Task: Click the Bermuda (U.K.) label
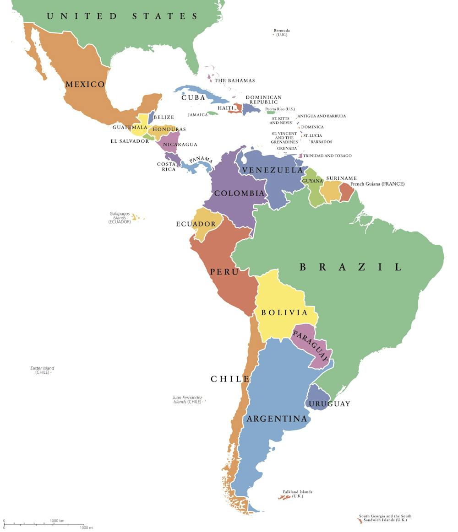(282, 33)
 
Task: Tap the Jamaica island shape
(212, 113)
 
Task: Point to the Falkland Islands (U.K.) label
(297, 494)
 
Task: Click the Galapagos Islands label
(120, 217)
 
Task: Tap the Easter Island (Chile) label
(42, 370)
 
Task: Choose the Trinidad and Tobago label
(327, 156)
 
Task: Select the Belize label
(164, 118)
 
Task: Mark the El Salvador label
(130, 141)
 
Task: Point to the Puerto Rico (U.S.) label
(280, 109)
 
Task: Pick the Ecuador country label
(196, 224)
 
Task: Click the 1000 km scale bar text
(57, 521)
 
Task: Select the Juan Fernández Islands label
(187, 400)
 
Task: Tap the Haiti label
(225, 108)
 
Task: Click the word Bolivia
(284, 313)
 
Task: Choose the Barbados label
(322, 142)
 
